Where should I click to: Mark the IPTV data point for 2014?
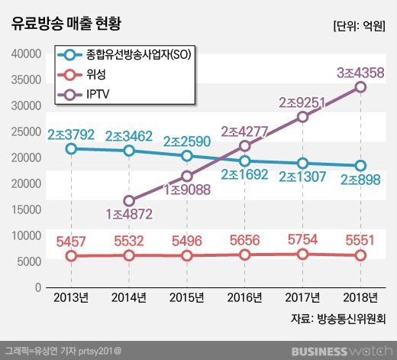[x=129, y=201]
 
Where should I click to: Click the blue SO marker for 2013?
[x=71, y=148]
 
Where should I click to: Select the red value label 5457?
[x=72, y=242]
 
